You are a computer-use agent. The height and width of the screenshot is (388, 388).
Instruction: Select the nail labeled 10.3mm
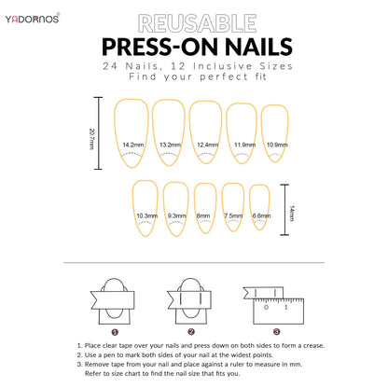click(146, 207)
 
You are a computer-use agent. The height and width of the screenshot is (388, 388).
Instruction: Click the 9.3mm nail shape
click(176, 207)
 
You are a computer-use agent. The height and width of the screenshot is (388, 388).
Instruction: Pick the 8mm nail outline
click(205, 207)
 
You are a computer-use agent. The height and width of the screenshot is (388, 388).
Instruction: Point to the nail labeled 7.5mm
click(233, 207)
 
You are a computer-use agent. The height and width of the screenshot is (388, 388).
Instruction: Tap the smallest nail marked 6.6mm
click(261, 207)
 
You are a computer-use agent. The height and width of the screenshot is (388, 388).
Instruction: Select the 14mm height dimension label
click(291, 213)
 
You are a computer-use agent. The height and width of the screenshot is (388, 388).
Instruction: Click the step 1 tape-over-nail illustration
click(114, 298)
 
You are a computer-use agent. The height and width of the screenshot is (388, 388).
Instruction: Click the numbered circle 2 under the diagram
click(191, 331)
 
